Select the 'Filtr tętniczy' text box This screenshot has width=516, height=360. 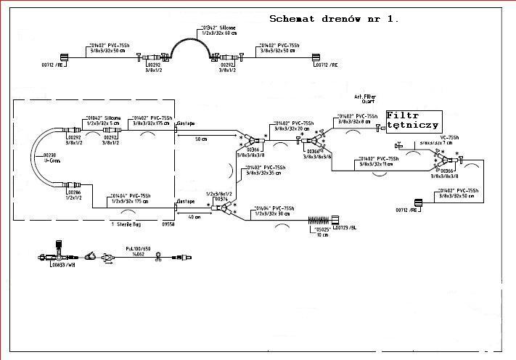[x=412, y=120]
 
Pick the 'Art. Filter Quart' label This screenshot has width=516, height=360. [x=365, y=99]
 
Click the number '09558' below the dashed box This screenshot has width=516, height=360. [x=168, y=225]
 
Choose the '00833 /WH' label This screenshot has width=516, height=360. [x=62, y=266]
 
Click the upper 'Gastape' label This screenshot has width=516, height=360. [x=186, y=123]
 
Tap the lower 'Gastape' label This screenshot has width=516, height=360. [x=186, y=200]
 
